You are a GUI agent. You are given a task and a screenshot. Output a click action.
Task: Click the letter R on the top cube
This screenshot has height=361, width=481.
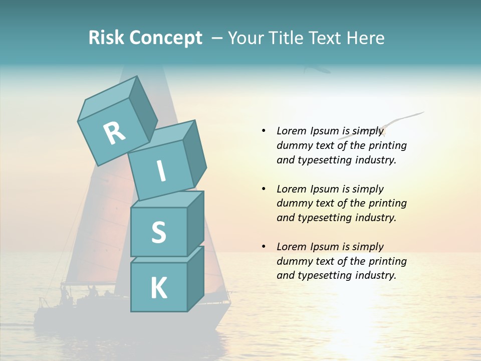[x=114, y=133]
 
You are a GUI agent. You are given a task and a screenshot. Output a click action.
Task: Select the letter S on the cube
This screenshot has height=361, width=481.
[x=158, y=232]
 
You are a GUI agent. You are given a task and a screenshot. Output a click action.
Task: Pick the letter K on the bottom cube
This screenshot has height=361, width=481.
[x=158, y=288]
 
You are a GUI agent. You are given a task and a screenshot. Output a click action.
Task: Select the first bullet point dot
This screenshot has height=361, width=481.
[x=264, y=131]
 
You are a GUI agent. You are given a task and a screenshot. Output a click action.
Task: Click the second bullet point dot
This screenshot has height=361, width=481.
[x=264, y=189]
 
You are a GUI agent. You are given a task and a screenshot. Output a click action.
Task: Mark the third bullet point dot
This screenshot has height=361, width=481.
[x=264, y=247]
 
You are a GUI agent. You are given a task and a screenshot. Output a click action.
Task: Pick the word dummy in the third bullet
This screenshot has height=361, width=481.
[x=294, y=261]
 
